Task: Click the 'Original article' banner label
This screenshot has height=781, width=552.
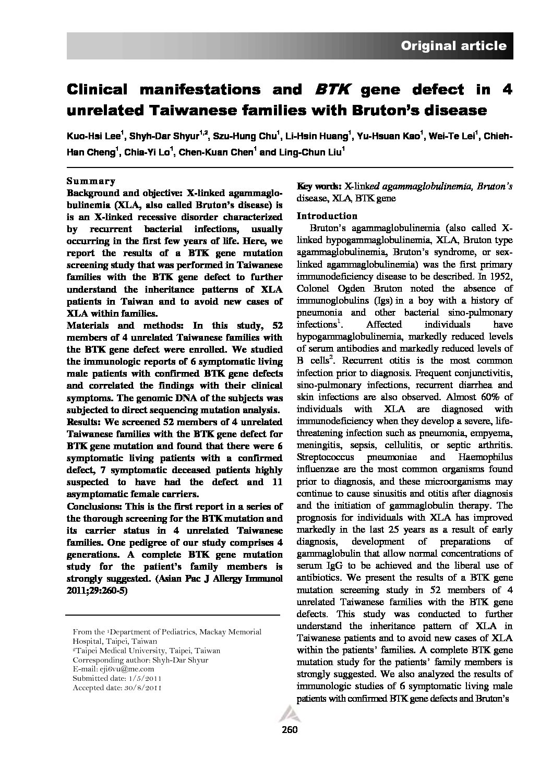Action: (x=453, y=46)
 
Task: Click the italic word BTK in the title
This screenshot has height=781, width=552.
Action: (x=331, y=90)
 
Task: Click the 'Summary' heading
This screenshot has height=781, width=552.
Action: (x=91, y=181)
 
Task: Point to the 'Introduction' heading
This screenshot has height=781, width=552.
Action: (x=327, y=216)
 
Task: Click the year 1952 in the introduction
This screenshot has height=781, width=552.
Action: (x=500, y=277)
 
